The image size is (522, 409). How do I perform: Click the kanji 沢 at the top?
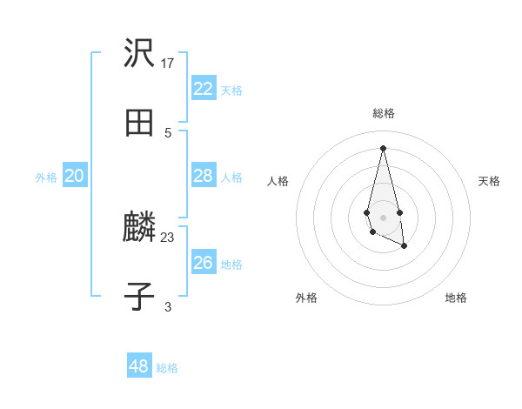click(139, 54)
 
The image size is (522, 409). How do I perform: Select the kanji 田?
click(139, 123)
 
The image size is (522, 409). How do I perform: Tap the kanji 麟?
click(139, 228)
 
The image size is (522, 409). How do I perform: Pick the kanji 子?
click(139, 297)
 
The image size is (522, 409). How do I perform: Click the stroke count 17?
click(168, 63)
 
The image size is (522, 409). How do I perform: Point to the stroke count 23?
click(168, 237)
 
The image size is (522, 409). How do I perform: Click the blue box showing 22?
click(203, 89)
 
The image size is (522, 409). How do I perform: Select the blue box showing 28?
click(203, 176)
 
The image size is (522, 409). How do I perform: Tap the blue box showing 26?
click(203, 263)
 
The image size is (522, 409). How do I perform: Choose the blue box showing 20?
click(74, 176)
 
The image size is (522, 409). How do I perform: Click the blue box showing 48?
click(139, 366)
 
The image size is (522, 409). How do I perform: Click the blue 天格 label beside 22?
click(231, 90)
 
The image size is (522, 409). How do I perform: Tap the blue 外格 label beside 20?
click(46, 177)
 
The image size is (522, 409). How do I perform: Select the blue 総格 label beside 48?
click(167, 367)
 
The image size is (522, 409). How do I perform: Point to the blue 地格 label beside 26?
click(231, 264)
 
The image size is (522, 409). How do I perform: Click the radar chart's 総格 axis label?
click(384, 113)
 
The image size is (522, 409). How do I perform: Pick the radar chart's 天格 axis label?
click(489, 181)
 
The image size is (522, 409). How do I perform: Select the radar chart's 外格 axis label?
click(306, 298)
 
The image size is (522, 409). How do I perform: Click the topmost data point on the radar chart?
click(384, 147)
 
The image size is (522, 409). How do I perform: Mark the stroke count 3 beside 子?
click(168, 306)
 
